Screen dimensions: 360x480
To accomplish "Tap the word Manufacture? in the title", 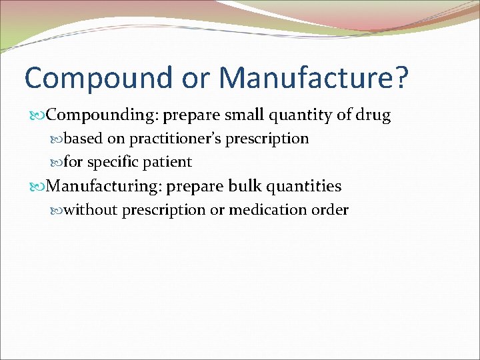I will pos(313,77).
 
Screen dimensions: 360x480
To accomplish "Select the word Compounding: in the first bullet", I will pos(103,115).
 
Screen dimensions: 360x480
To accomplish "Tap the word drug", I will pos(373,115).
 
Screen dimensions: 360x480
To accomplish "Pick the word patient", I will pos(167,162).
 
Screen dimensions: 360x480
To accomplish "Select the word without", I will pos(91,210).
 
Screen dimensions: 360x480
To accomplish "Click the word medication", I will pos(267,210).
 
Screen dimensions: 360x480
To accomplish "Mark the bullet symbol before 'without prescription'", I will pos(57,211).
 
